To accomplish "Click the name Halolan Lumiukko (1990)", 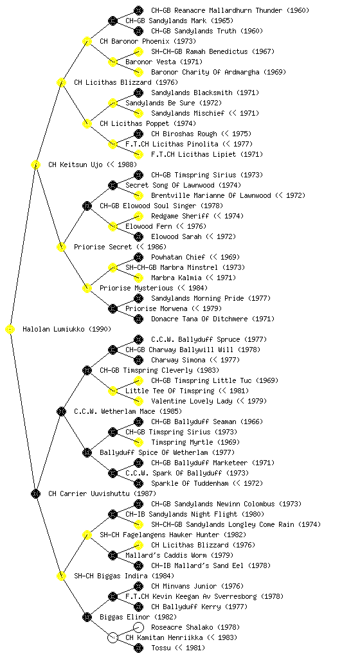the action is coord(67,330).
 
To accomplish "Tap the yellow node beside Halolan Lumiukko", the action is coord(10,330).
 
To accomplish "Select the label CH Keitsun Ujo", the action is coord(75,165).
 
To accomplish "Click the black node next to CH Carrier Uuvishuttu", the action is coord(35,494).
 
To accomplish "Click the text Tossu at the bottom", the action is coord(161,648).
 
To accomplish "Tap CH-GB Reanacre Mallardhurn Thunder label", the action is coord(230,10).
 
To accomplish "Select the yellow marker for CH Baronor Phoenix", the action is coord(87,42).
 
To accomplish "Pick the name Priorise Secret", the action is coord(103,247).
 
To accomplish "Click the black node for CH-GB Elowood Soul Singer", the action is coord(87,206).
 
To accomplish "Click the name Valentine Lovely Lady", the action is coord(192,401).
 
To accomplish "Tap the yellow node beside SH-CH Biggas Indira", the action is coord(61,576).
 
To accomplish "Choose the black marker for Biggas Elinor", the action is coord(87,618).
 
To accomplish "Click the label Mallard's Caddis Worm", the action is coord(179,556).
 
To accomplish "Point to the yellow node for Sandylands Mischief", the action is coord(138,113).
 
